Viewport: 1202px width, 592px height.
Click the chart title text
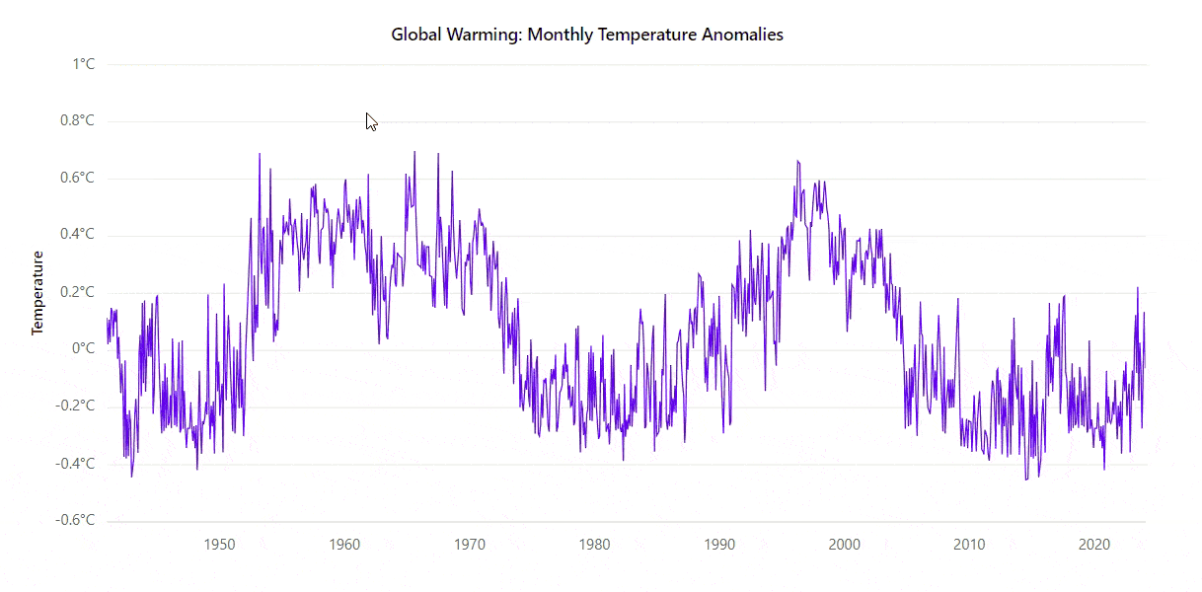(586, 35)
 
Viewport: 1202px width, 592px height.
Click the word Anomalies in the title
(741, 35)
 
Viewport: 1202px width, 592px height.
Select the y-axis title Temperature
(38, 293)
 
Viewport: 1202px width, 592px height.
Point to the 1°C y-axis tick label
(83, 65)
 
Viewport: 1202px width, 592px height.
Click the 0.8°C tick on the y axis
(76, 121)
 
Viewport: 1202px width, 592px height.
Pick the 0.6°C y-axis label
(76, 179)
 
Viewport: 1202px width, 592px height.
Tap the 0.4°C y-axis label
(76, 235)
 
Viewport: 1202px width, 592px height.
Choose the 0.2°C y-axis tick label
(76, 292)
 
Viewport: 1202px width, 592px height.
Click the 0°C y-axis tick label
(83, 349)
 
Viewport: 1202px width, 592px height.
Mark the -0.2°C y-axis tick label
(74, 406)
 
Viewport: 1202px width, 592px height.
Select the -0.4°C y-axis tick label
(74, 463)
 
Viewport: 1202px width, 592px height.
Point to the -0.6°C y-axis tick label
(74, 520)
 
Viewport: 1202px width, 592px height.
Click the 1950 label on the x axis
(219, 545)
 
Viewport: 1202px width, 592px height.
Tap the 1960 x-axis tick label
(344, 545)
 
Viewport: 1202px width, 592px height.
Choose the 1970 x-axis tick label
(470, 545)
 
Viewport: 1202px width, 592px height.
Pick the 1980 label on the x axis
(594, 545)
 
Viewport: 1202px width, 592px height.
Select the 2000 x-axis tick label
(844, 545)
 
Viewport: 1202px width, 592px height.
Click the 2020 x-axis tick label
(1093, 545)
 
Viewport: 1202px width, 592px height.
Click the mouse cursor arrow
(371, 121)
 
